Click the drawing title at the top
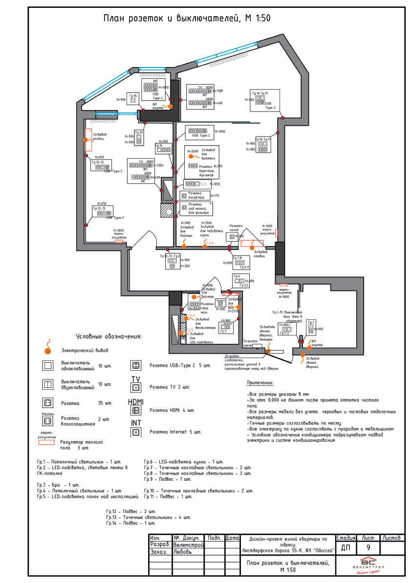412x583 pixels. [x=187, y=19]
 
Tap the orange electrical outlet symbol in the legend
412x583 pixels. [x=47, y=349]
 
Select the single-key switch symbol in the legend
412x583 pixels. [x=48, y=365]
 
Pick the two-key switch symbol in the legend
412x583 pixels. [x=48, y=384]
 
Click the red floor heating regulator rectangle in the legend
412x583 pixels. [x=47, y=442]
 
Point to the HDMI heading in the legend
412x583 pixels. [x=135, y=402]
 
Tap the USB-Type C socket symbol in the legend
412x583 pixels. [x=135, y=365]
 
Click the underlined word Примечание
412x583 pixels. [x=260, y=382]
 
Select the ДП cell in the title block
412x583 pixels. [x=346, y=547]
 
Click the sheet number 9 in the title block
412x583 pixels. [x=368, y=547]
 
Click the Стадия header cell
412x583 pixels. [x=346, y=538]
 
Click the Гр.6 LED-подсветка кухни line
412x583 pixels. [x=183, y=462]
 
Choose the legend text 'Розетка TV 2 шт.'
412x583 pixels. [x=170, y=387]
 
